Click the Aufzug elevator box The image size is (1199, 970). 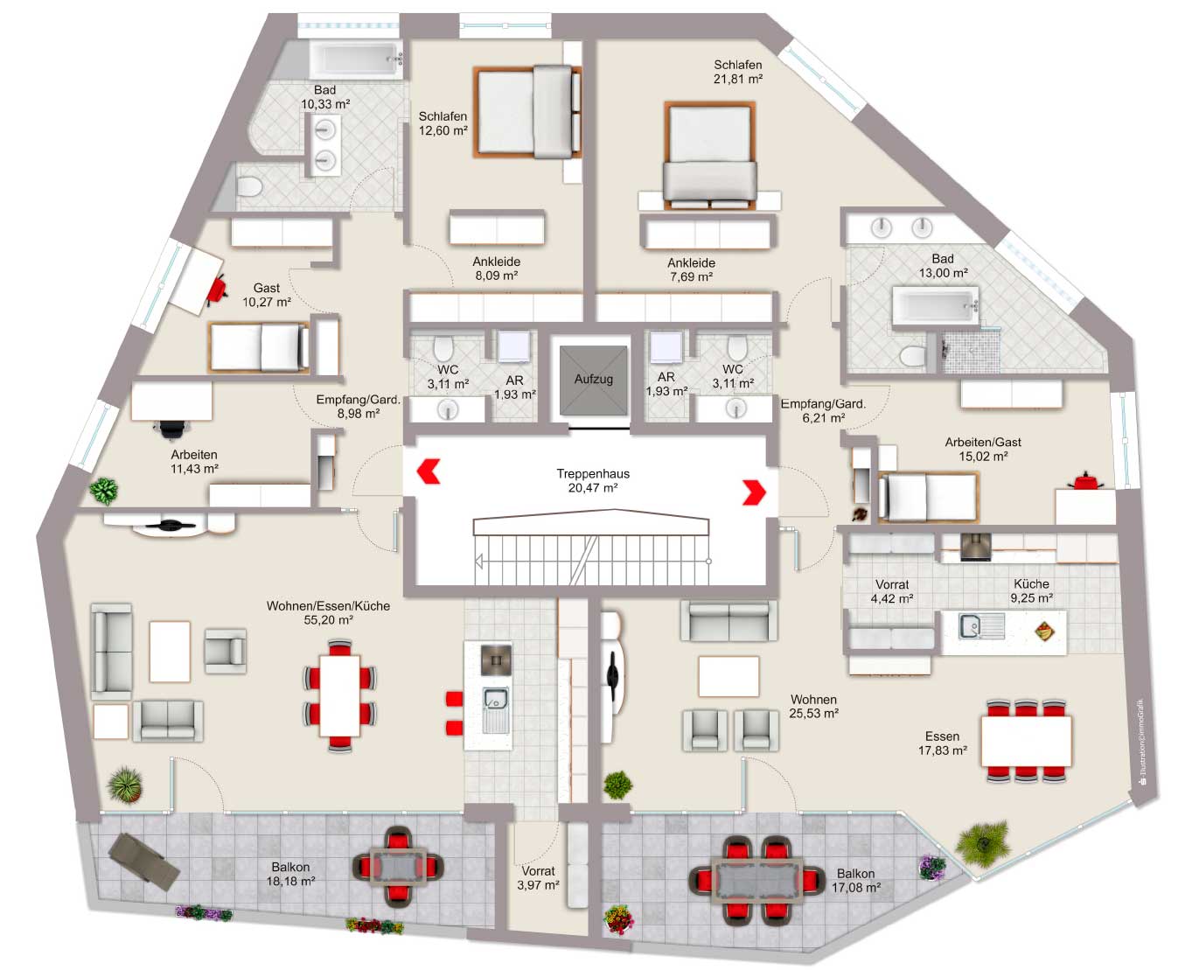(x=593, y=380)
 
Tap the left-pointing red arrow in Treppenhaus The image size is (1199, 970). (x=429, y=471)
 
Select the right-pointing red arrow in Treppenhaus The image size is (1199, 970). (x=755, y=492)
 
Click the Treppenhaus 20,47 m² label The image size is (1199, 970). (x=593, y=481)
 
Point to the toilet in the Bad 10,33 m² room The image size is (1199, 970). (x=248, y=185)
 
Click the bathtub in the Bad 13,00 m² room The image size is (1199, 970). (x=936, y=306)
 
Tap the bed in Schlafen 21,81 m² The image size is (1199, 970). (x=710, y=156)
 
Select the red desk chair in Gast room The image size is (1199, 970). (x=217, y=290)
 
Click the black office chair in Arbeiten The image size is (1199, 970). (x=171, y=429)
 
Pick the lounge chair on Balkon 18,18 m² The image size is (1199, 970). (x=144, y=862)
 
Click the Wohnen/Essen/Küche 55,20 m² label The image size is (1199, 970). (x=328, y=613)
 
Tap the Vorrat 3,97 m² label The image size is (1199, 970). (x=538, y=878)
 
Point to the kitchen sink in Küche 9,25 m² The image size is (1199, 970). (x=982, y=626)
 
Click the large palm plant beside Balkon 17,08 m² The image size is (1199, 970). (x=983, y=843)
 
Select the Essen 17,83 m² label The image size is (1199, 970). (x=942, y=743)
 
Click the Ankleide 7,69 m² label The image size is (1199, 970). (x=691, y=269)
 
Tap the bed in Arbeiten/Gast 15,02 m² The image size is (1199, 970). (x=928, y=497)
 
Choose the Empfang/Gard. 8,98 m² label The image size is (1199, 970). (x=358, y=407)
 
